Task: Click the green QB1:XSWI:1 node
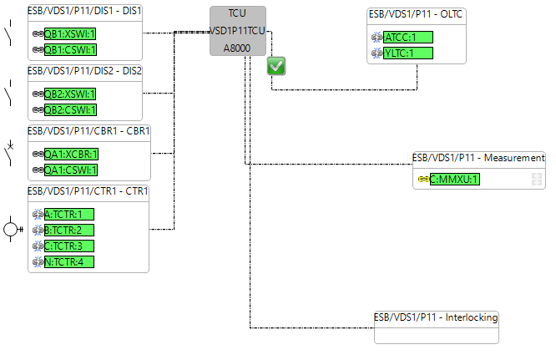point(70,33)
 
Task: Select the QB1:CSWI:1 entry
point(70,49)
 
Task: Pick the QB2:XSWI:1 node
point(70,94)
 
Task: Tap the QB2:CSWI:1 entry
point(70,109)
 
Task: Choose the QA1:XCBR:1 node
point(71,154)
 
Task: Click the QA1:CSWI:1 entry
point(70,170)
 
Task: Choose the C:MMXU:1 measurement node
point(454,179)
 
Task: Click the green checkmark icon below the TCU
point(276,67)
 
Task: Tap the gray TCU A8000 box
point(238,31)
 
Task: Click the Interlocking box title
point(436,317)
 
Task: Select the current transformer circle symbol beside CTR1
point(11,228)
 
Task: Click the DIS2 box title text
point(84,71)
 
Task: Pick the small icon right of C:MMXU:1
point(537,179)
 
